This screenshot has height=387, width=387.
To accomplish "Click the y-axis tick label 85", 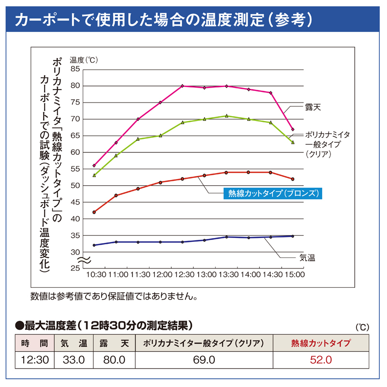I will coord(74,69).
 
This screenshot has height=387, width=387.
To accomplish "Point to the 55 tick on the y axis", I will coord(74,169).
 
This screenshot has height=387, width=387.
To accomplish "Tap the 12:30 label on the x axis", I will coord(182,275).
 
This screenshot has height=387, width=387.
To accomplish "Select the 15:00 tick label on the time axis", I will coord(293,275).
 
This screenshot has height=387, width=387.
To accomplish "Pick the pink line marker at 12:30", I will coord(182,86).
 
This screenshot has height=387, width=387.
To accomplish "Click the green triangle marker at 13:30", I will coord(226,116).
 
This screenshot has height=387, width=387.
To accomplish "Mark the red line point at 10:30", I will coord(94,212).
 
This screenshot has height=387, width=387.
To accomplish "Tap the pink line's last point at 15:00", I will coord(293,129).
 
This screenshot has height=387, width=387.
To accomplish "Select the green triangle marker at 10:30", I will coord(94,175).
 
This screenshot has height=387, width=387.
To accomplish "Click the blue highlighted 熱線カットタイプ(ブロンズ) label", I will coord(273,193).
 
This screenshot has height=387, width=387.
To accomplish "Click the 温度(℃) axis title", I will coord(83,60).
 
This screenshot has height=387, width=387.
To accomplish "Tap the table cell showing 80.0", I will coord(114,360).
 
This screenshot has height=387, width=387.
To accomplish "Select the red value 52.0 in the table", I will coord(321,360).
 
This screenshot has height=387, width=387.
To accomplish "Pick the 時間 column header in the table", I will coord(34,343).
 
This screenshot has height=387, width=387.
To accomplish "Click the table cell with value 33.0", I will coord(74,360).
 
